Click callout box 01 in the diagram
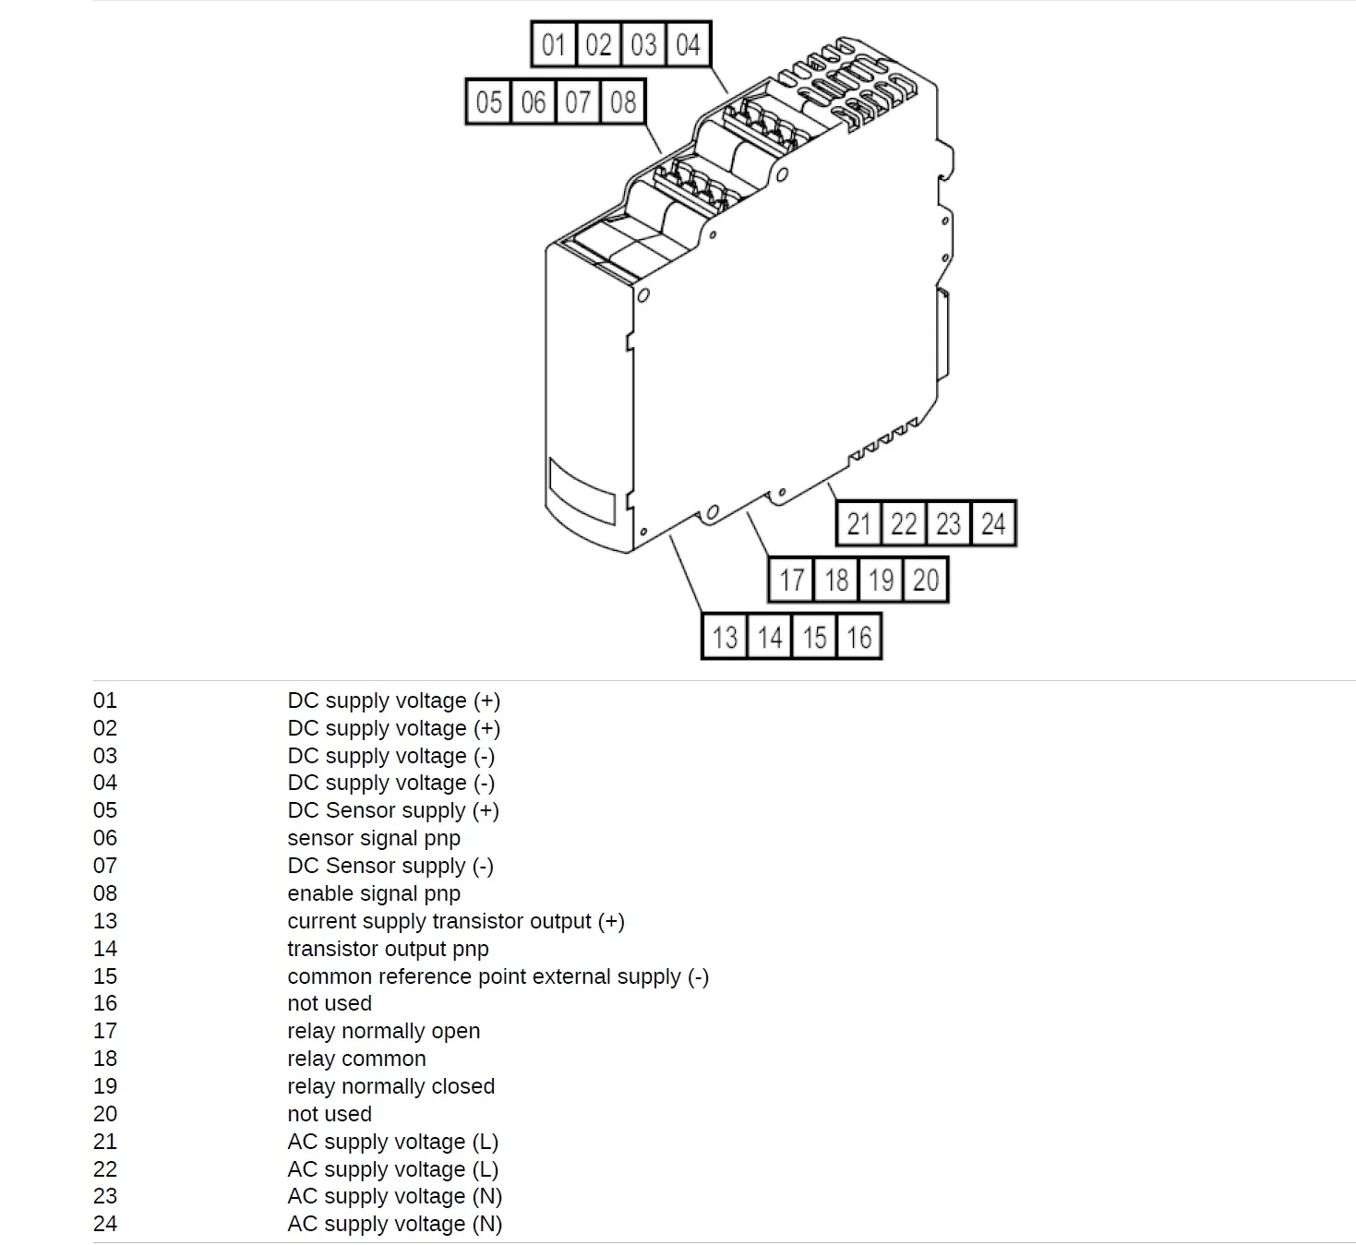554,44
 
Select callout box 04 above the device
689,44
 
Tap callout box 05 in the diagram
489,102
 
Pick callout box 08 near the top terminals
623,102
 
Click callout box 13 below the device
725,636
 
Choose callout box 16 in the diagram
859,636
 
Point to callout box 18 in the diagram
836,580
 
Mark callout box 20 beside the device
926,580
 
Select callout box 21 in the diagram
859,523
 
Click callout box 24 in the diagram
993,523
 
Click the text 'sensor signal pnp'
374,838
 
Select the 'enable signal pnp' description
374,893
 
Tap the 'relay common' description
356,1059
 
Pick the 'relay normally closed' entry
390,1086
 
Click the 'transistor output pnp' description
388,949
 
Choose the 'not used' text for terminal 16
330,1003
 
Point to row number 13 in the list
105,921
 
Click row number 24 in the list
105,1224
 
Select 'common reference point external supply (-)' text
498,976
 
